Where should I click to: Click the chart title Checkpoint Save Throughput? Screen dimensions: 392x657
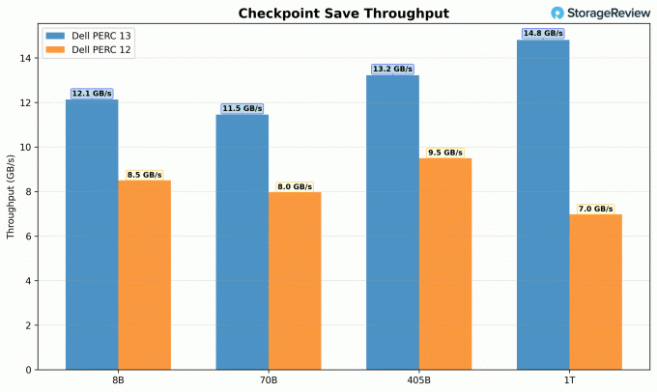tap(343, 13)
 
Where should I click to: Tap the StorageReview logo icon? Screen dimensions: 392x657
tap(557, 13)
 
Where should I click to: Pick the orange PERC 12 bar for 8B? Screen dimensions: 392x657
tap(144, 274)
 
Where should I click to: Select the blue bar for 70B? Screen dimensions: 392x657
tap(242, 241)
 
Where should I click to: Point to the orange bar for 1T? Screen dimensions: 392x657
tap(595, 291)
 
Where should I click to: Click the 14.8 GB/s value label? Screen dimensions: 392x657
tap(543, 33)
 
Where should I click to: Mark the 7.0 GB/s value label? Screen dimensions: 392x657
tap(595, 209)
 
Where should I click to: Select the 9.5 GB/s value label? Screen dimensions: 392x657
tap(445, 153)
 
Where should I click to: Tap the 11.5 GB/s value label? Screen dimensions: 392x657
tap(242, 108)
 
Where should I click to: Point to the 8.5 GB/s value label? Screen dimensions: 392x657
tap(144, 175)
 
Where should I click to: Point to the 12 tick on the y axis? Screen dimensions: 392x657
tap(29, 102)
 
